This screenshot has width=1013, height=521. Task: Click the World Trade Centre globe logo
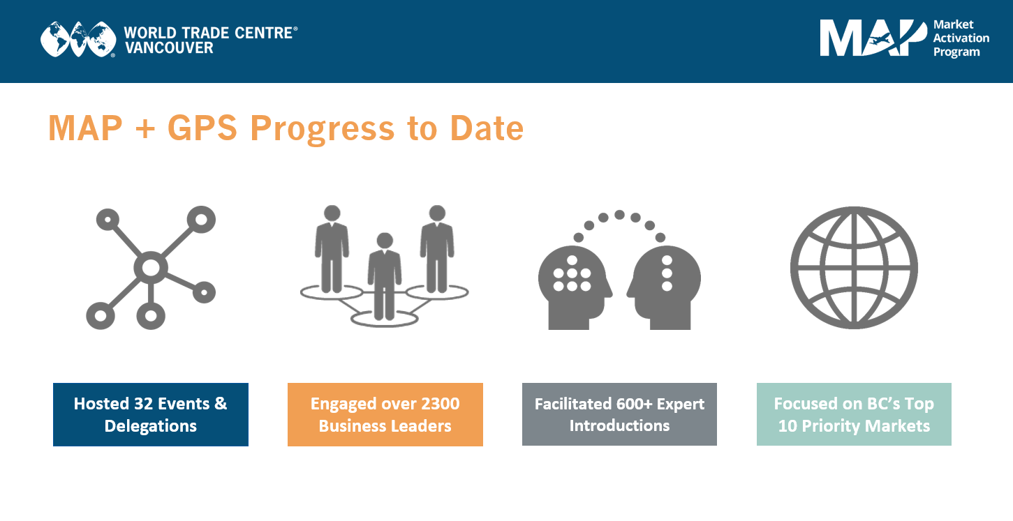coord(77,39)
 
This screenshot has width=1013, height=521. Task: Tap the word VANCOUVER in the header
coord(169,48)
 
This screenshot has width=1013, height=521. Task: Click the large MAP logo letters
coord(873,38)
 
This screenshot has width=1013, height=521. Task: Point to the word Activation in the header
coord(961,38)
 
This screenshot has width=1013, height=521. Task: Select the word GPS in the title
coord(202,128)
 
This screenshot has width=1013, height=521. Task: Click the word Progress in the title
coord(323,130)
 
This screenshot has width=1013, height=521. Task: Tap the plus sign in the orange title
coord(145,129)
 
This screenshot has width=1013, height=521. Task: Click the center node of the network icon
coord(151,268)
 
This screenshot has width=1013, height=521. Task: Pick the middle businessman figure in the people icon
coord(385,276)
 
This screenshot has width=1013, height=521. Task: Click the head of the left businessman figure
coord(332,213)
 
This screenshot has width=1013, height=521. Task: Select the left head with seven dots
coord(575,287)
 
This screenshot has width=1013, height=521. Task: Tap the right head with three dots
coord(664,287)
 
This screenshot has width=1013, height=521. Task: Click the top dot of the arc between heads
coord(619,215)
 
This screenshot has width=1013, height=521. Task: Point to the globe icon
coord(854,268)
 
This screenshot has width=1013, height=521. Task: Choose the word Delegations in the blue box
coord(151,426)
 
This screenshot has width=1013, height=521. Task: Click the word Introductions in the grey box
coord(619,425)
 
